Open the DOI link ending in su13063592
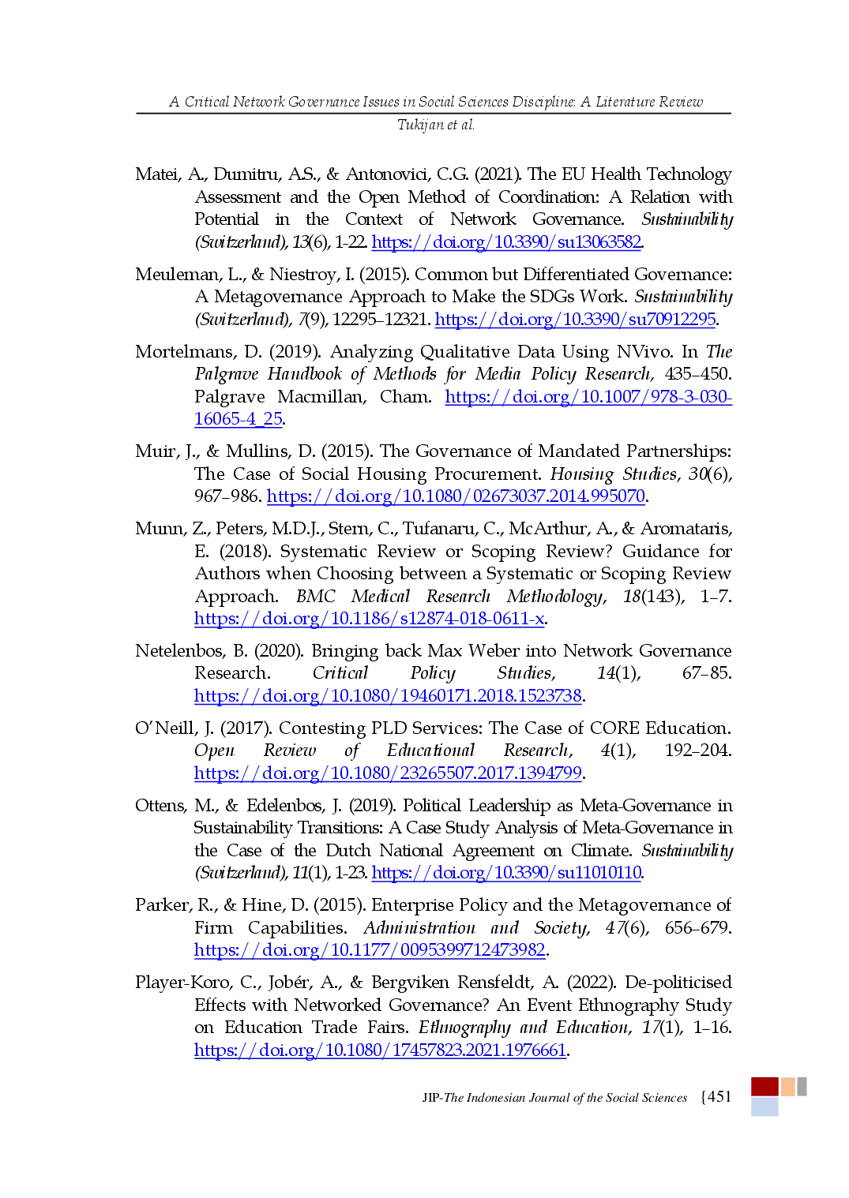[506, 241]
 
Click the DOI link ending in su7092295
[576, 319]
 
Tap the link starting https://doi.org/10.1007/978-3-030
[588, 396]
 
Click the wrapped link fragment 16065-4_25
[238, 418]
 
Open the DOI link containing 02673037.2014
[456, 496]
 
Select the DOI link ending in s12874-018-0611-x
[370, 618]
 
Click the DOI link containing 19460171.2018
[388, 696]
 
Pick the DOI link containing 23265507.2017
[388, 773]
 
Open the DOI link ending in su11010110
[506, 873]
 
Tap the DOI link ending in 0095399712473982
[370, 950]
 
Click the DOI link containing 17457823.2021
[380, 1050]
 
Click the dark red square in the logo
[763, 1086]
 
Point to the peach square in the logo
[788, 1086]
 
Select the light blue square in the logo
[763, 1107]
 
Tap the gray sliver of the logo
[802, 1086]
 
